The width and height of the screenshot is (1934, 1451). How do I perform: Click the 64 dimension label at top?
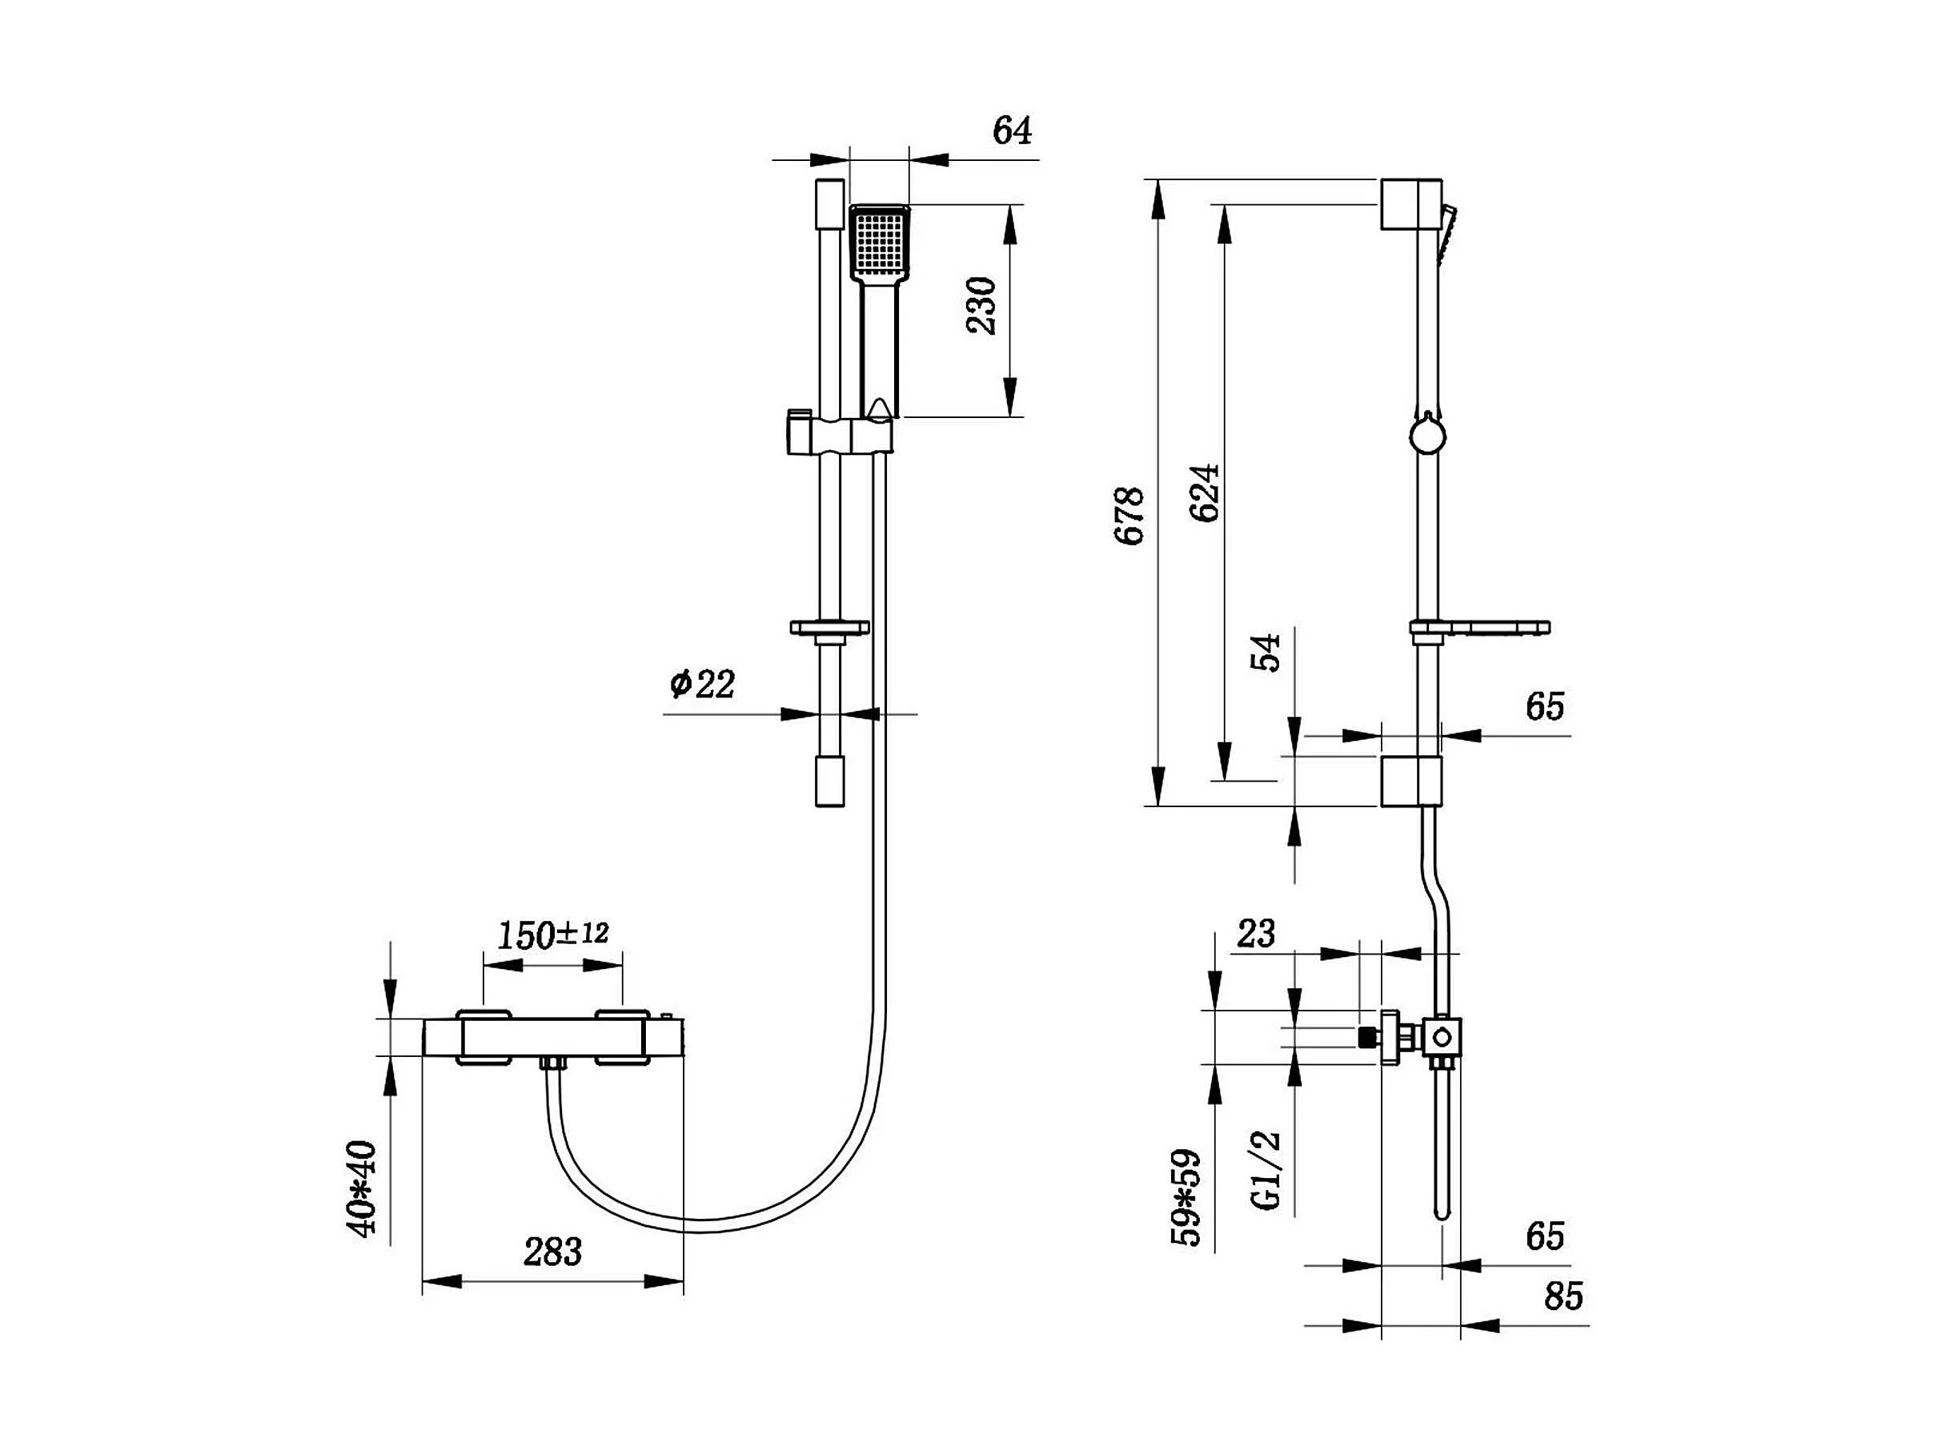pos(1012,131)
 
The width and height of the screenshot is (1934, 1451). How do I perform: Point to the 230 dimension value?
pos(982,305)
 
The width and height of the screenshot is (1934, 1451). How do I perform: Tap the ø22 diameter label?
pos(702,683)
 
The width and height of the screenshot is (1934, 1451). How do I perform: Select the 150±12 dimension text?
pos(552,935)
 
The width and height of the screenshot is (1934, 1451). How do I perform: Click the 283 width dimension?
pos(552,1252)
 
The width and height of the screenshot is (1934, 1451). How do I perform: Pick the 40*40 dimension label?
pos(363,1188)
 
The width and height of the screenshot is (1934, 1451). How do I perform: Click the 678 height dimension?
pos(1130,516)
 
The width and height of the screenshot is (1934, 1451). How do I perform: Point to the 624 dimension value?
pos(1205,493)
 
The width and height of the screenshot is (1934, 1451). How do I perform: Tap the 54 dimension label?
pos(1265,653)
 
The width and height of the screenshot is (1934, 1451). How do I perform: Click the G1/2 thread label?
pos(1266,1170)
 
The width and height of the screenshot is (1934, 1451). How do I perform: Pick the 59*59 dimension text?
pos(1186,1197)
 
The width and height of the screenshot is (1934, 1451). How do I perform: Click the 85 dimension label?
pos(1563,1296)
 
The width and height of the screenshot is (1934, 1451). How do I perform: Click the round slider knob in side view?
pos(1428,435)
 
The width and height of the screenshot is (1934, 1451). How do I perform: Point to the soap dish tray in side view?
pos(1479,628)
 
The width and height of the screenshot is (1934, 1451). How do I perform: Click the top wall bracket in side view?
pos(1411,205)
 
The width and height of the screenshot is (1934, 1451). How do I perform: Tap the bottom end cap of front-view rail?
pos(830,781)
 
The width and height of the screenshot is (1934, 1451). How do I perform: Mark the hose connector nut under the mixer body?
pos(552,1064)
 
